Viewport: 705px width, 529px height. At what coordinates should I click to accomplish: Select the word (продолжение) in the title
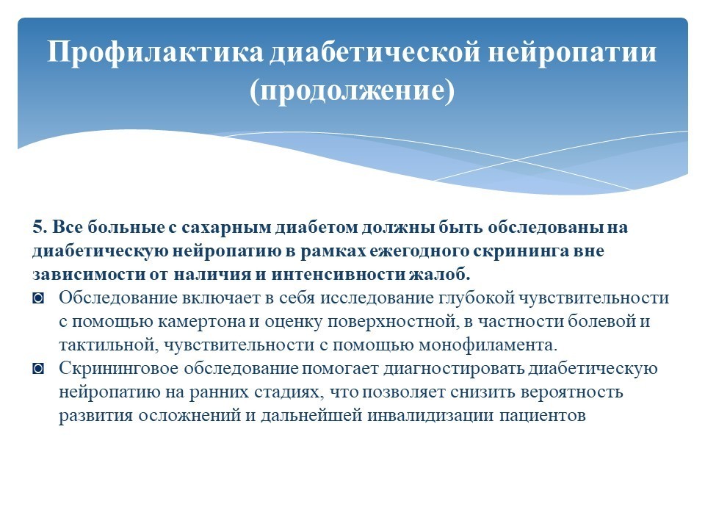coord(352,91)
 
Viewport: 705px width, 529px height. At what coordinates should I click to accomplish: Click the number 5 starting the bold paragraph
coord(40,227)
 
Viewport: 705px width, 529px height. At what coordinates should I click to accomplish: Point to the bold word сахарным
coord(227,227)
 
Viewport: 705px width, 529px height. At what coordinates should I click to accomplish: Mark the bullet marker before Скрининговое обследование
coord(38,369)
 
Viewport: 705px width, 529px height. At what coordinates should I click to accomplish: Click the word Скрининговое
coord(119,368)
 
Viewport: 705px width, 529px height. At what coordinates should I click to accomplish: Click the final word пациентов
coord(543,415)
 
